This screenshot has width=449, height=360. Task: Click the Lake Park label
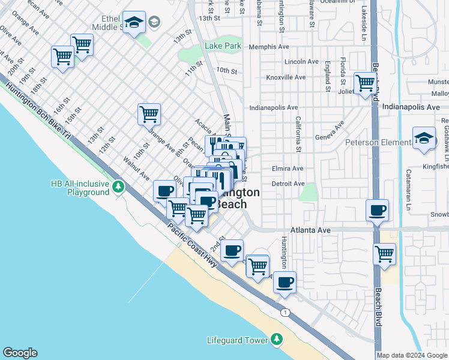[x=223, y=46]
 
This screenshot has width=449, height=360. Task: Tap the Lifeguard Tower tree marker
[x=277, y=340]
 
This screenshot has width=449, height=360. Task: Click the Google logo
[x=20, y=353]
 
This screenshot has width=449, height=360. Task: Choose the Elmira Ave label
[x=288, y=169]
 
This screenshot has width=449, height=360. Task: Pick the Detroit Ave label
[x=288, y=184]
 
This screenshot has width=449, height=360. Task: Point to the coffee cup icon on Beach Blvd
[x=378, y=211]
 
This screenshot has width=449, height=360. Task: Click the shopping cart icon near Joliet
[x=365, y=83]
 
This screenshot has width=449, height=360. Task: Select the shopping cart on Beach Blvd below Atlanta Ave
[x=384, y=253]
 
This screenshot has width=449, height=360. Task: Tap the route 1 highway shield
[x=286, y=312]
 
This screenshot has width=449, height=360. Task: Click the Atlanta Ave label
[x=311, y=230]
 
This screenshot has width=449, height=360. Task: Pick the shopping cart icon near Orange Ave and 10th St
[x=149, y=113]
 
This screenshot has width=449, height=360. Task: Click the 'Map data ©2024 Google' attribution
[x=412, y=355]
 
